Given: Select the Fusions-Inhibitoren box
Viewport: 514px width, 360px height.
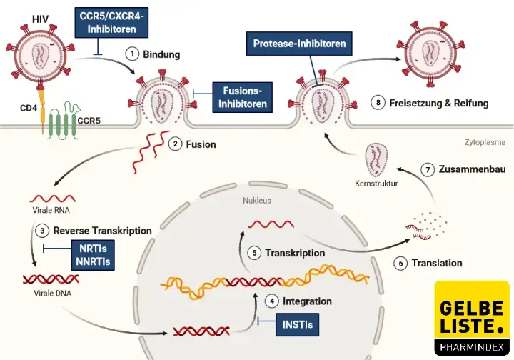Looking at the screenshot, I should point(243,97).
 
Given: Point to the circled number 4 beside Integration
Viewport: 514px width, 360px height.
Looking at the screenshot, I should point(271,301).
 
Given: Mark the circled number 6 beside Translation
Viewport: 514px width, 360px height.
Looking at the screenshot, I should point(400,264).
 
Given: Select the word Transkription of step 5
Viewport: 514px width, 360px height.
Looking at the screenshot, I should point(295,253).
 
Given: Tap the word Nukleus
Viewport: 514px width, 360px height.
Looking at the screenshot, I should point(257,201).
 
